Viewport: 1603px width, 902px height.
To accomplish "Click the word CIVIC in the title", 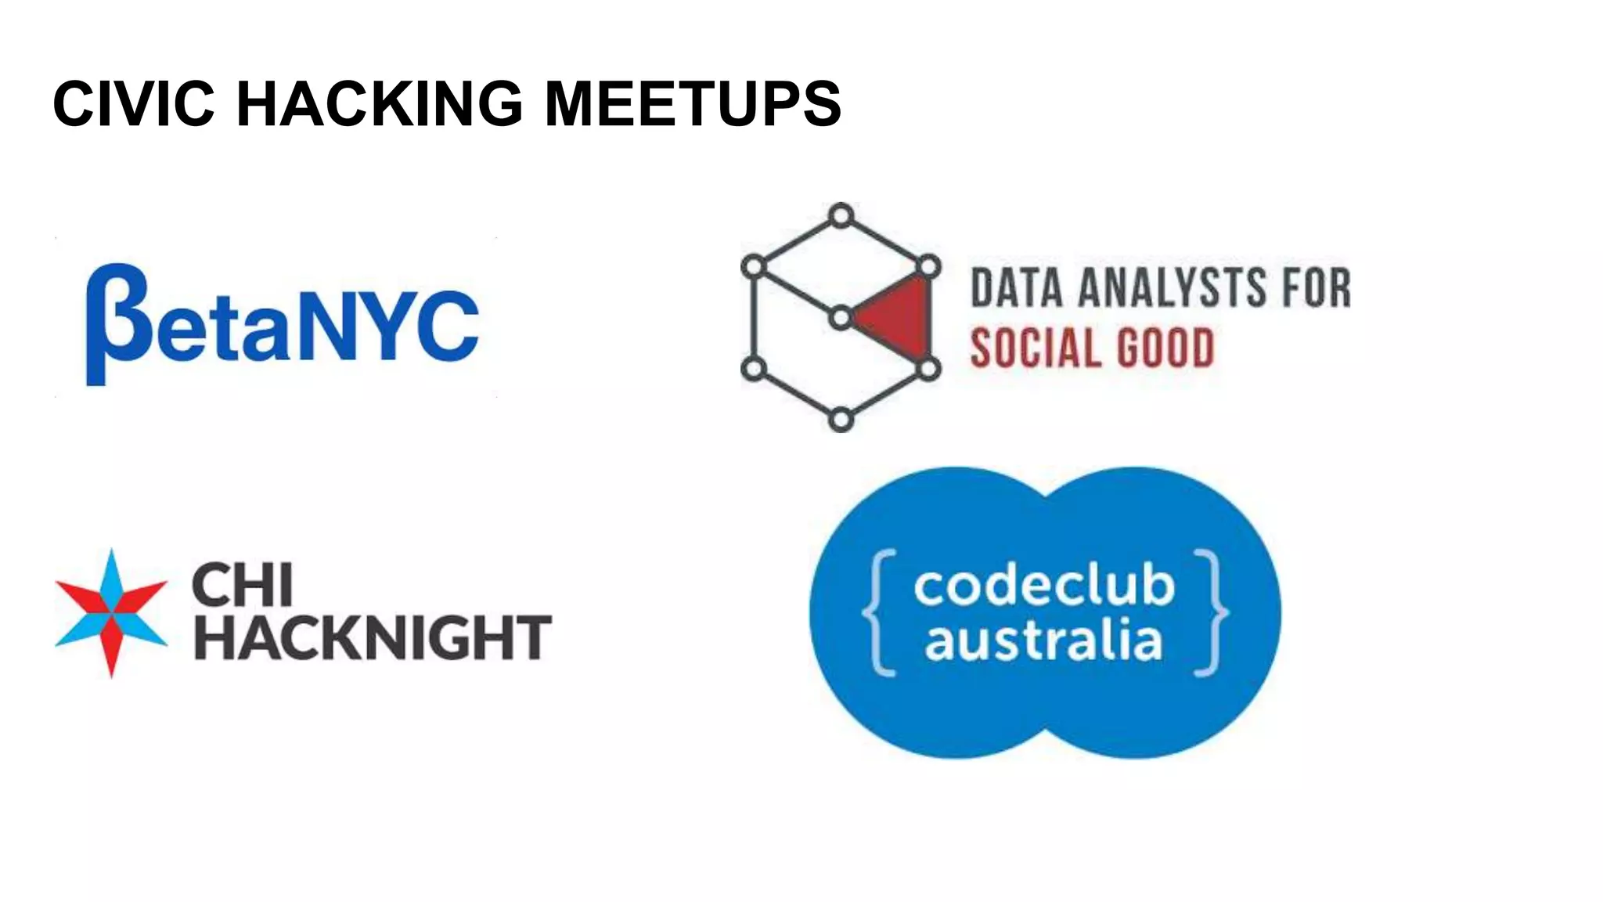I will pos(133,103).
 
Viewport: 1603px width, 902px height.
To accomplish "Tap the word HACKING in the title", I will pos(380,103).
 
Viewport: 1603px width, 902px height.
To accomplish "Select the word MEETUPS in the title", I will pos(692,103).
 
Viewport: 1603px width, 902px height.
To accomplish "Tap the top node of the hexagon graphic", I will pos(841,215).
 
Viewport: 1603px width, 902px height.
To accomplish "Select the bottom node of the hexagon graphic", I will pos(841,420).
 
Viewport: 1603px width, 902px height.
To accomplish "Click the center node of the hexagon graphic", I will pos(841,318).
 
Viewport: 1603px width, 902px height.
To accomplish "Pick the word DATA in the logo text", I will pos(1017,287).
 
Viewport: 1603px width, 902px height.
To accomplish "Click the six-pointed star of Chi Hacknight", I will pos(111,613).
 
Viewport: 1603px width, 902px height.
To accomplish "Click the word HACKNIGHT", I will pos(373,637).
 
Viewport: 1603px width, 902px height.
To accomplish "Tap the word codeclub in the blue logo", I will pos(1043,586).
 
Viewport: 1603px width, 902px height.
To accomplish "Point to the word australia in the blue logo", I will pos(1043,640).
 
